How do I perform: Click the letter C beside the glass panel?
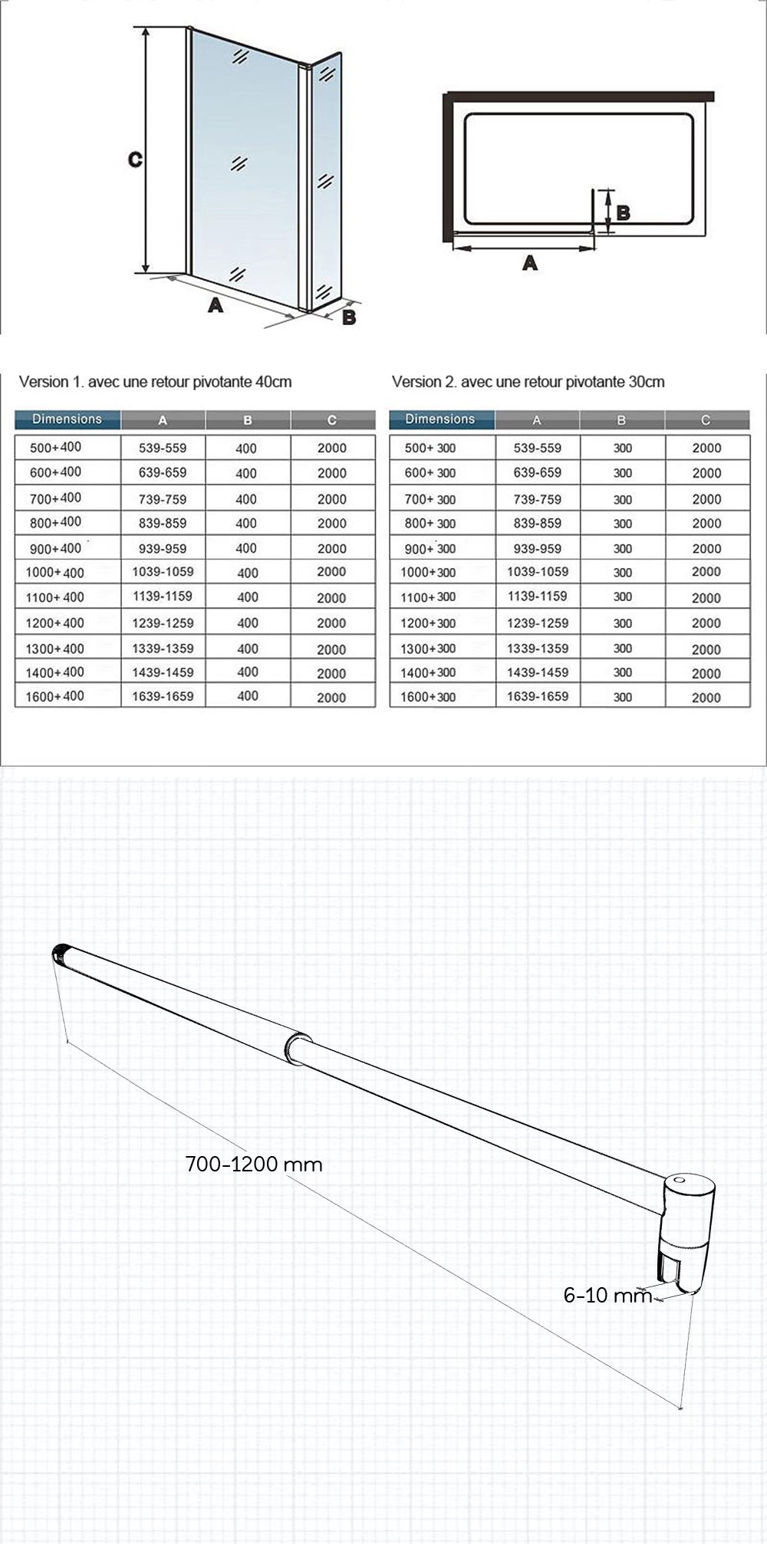tap(135, 159)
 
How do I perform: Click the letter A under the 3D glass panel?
tap(216, 304)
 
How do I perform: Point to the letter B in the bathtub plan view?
tap(623, 212)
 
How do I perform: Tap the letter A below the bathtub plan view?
tap(529, 263)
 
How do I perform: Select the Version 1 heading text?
tap(155, 382)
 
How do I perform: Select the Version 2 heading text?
tap(528, 382)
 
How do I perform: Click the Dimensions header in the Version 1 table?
tap(67, 419)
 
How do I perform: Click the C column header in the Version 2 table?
tap(706, 420)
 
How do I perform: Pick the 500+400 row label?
tap(55, 447)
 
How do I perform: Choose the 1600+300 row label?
tap(429, 697)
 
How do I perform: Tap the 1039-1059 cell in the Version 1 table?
tap(163, 572)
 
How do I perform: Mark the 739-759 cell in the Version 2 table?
tap(537, 499)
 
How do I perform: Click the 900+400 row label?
tap(54, 549)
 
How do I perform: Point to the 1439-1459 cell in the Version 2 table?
tap(537, 672)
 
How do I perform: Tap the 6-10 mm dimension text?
tap(607, 1295)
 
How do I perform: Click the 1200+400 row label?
tap(54, 623)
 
